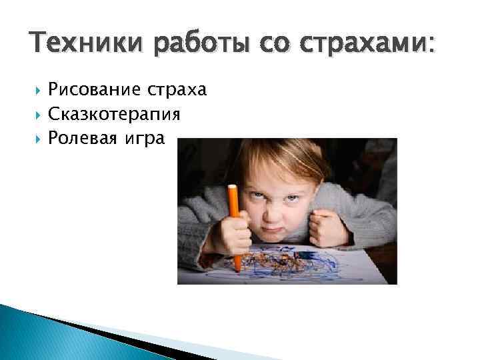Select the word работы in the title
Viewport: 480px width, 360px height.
coord(193,45)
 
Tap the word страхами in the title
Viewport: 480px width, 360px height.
coord(363,45)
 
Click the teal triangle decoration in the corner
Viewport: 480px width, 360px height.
coord(40,333)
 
